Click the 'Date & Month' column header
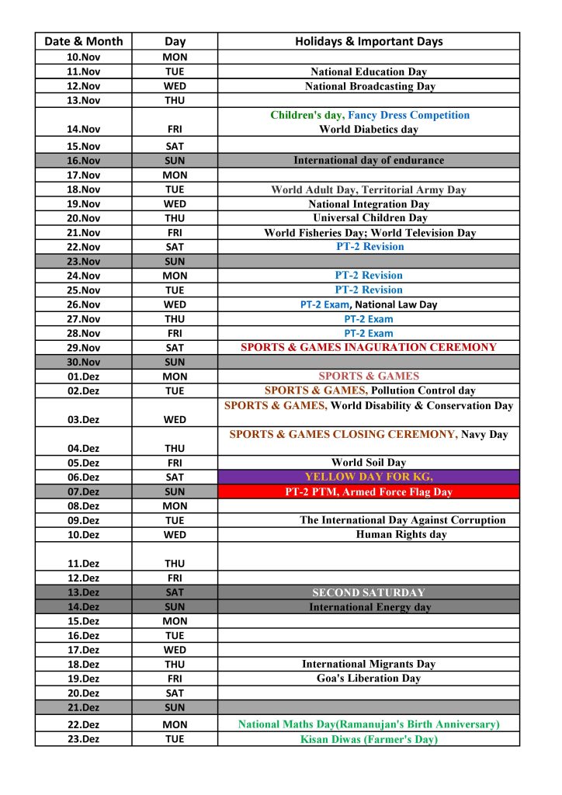click(83, 41)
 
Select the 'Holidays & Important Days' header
click(369, 41)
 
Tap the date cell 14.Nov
click(83, 130)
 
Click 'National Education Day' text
click(369, 72)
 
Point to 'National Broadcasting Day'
click(369, 86)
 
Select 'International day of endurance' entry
click(369, 160)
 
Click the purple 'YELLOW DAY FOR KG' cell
click(369, 477)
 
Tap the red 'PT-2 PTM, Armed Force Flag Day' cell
click(369, 491)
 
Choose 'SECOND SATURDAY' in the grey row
click(369, 592)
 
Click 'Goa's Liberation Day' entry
click(369, 678)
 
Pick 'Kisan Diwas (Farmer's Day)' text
click(369, 739)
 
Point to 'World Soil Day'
click(369, 463)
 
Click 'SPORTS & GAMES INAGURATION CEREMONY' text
click(369, 347)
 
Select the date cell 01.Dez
click(83, 377)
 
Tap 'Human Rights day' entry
click(401, 534)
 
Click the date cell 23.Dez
click(83, 739)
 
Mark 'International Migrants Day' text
click(369, 664)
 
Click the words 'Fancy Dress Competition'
click(408, 115)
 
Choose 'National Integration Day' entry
click(369, 203)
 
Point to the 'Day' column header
click(175, 41)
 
